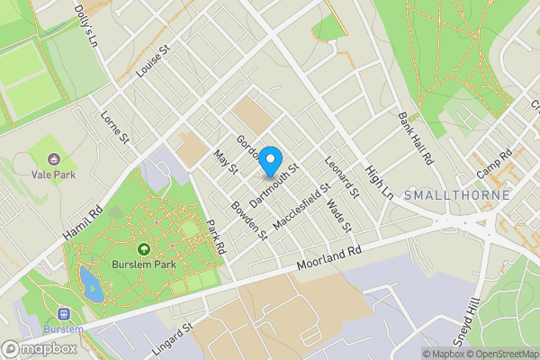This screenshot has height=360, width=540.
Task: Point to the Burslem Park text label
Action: (x=142, y=265)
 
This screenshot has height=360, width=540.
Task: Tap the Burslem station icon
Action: (x=63, y=314)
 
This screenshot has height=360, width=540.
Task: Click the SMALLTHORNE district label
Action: (x=457, y=194)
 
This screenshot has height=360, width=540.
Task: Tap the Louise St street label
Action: (x=152, y=65)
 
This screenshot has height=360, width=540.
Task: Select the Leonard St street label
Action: (x=343, y=178)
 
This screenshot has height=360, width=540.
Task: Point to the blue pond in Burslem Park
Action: (x=91, y=283)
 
